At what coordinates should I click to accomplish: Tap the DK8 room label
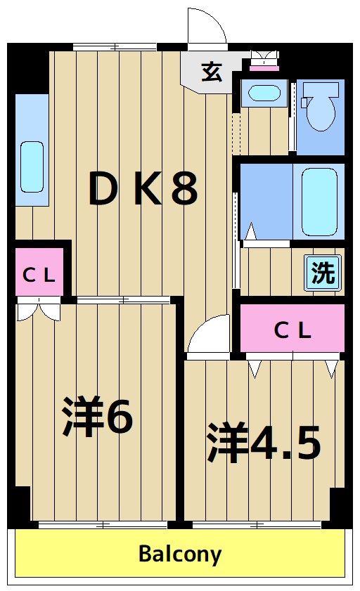pos(143,190)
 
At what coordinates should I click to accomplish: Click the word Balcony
pos(180,554)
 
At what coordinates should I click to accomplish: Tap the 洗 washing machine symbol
pos(323,272)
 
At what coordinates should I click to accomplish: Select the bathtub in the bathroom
pos(323,201)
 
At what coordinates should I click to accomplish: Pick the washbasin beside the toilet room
pos(264,93)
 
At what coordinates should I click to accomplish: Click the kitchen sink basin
pos(31,167)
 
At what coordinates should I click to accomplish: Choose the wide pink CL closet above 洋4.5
pos(292,330)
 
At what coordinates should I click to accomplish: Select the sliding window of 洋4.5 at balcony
pos(257,524)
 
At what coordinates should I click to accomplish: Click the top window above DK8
pos(115,47)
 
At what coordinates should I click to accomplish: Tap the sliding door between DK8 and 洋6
pos(124,300)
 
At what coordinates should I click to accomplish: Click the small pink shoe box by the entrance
pos(264,67)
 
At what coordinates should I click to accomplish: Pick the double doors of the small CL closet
pos(39,309)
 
